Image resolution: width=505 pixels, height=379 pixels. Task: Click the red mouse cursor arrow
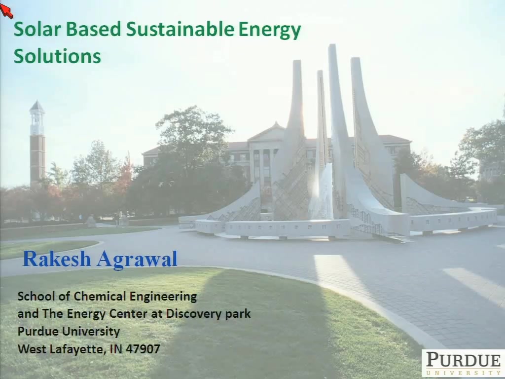coord(6,10)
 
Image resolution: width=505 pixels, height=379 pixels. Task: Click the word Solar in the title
coord(37,29)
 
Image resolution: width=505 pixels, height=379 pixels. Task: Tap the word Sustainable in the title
coord(180,29)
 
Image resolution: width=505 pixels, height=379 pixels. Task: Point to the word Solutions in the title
coord(57,56)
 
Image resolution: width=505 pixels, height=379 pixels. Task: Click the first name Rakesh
coord(57,259)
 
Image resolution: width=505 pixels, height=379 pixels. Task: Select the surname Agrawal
coord(137,260)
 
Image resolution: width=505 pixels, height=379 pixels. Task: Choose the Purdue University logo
coord(463,364)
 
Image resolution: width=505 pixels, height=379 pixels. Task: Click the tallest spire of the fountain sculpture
coord(337,129)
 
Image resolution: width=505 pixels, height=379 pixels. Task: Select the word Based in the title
coord(93,29)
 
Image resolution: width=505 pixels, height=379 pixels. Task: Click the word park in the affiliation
coord(238,314)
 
